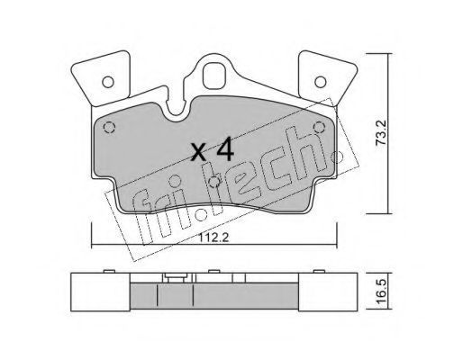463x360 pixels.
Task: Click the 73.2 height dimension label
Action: point(382,132)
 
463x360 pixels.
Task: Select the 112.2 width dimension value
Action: point(213,238)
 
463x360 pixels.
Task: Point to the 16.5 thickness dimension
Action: point(382,291)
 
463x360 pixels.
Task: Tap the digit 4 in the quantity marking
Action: point(225,149)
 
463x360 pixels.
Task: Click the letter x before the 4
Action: point(199,151)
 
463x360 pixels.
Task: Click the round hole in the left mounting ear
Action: point(108,82)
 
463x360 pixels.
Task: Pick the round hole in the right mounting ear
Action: point(321,82)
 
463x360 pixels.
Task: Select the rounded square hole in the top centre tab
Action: point(214,75)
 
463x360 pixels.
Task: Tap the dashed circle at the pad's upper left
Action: point(109,128)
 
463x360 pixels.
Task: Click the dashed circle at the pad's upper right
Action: point(319,127)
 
